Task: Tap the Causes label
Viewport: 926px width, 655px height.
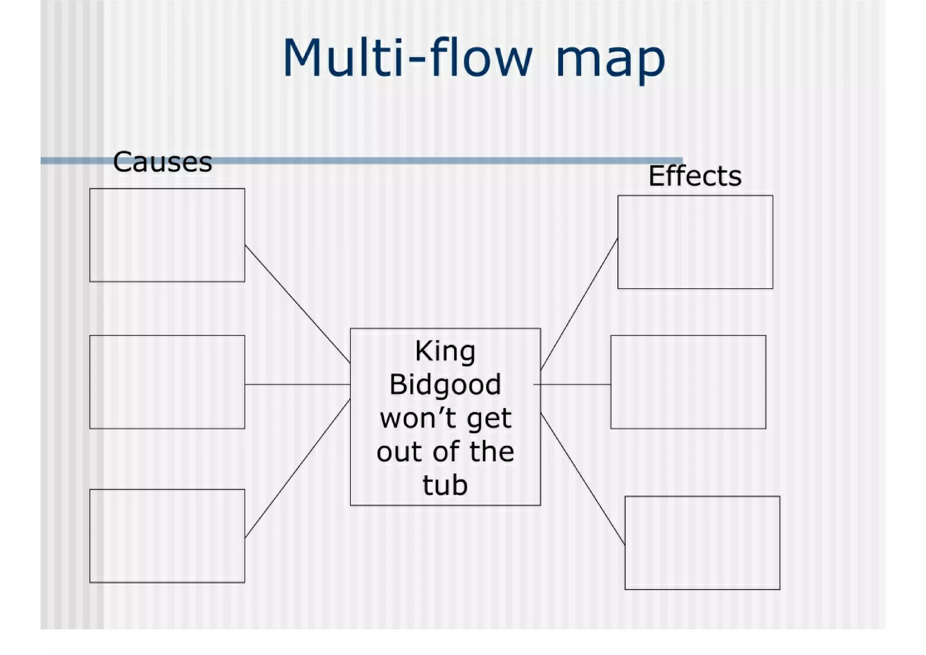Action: click(x=162, y=162)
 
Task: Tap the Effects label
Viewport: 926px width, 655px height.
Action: click(x=694, y=176)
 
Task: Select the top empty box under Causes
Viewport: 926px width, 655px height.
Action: click(x=167, y=235)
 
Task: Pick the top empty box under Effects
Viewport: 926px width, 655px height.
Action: click(x=695, y=242)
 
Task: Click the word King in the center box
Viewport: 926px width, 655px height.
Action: click(x=445, y=352)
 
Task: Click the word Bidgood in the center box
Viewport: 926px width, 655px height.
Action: click(x=445, y=385)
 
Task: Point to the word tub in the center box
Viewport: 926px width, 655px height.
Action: click(x=445, y=485)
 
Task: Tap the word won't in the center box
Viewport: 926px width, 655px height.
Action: click(x=407, y=418)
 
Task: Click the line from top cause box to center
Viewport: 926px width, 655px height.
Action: click(x=298, y=304)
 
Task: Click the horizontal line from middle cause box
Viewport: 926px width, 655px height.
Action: click(x=298, y=384)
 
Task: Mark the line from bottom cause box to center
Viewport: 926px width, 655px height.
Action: click(x=298, y=468)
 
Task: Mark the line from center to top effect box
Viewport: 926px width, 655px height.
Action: click(x=579, y=304)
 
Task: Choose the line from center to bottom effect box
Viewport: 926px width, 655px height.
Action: click(x=582, y=478)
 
